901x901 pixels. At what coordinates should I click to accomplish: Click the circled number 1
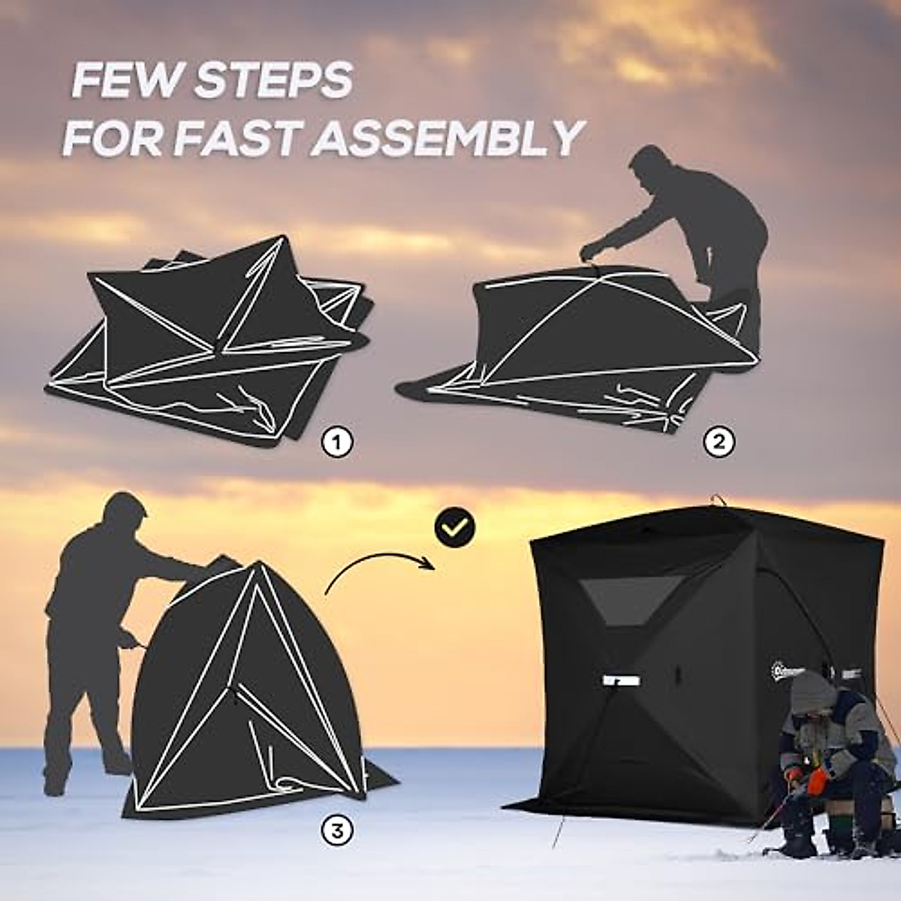(337, 443)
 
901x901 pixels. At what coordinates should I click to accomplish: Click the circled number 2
(719, 442)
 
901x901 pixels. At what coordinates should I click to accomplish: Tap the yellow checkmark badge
(455, 527)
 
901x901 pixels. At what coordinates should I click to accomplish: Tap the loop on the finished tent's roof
(719, 499)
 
